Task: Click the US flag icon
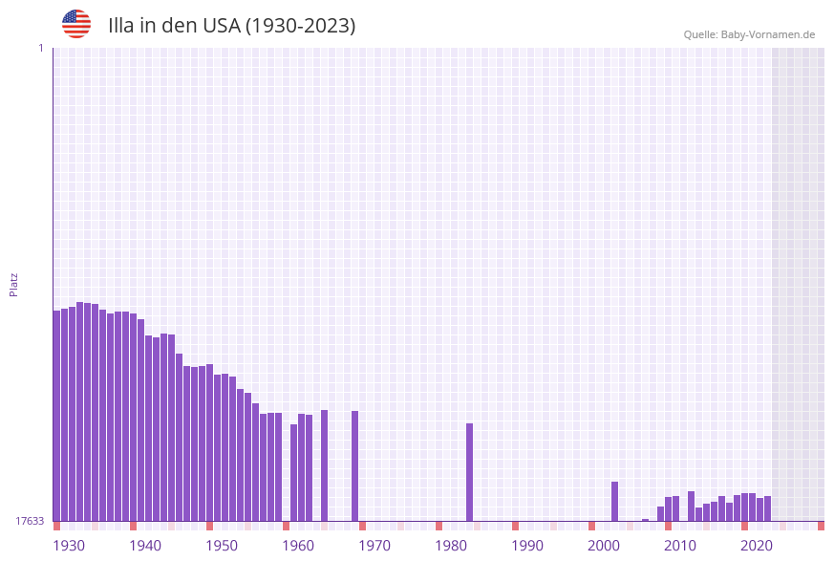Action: pos(76,24)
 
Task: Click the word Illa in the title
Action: pos(121,26)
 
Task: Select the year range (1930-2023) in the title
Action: pos(300,26)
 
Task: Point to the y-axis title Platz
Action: pos(14,284)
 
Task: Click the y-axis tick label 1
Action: pos(40,48)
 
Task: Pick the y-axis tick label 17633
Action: pos(30,521)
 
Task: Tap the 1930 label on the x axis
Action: pos(69,546)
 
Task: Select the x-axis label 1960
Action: pos(298,546)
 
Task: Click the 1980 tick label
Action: pos(451,546)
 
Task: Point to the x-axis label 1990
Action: pos(527,546)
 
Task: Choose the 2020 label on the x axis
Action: pos(757,546)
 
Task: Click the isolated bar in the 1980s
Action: pos(469,472)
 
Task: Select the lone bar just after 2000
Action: pos(614,501)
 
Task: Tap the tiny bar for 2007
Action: pos(645,520)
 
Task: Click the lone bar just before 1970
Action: pos(354,465)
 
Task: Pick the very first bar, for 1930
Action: pos(56,416)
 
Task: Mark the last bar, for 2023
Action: pos(767,508)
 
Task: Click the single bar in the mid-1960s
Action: pos(324,465)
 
